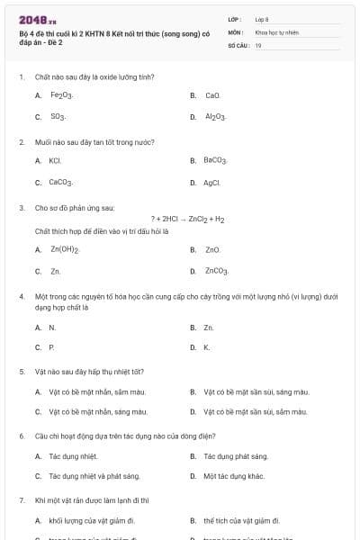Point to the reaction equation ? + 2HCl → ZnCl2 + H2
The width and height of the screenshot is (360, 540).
click(x=188, y=219)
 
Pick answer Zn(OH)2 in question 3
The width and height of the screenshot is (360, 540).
click(x=65, y=248)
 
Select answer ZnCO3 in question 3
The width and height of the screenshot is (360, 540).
click(x=217, y=270)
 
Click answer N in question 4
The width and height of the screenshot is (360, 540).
click(x=52, y=328)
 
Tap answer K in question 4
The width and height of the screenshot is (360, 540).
click(x=207, y=346)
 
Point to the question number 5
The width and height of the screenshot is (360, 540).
click(x=21, y=371)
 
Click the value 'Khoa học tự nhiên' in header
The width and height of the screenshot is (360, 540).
click(x=275, y=31)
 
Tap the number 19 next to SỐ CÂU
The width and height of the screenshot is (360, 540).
click(x=258, y=44)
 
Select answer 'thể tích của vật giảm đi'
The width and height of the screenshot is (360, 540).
click(x=241, y=520)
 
